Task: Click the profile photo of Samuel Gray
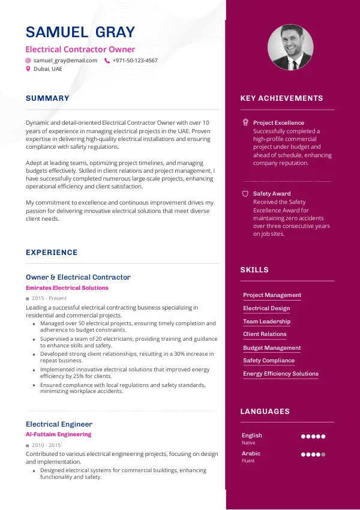[x=290, y=47]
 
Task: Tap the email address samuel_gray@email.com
[x=65, y=61]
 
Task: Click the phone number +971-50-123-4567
[x=135, y=61]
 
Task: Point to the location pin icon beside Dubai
[x=28, y=69]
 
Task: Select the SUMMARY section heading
[x=47, y=98]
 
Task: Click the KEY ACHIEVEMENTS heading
[x=281, y=98]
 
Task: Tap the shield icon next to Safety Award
[x=245, y=194]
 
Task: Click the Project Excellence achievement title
[x=278, y=123]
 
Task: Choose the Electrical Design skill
[x=266, y=308]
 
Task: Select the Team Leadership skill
[x=266, y=322]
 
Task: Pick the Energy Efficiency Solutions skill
[x=281, y=374]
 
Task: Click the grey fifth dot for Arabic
[x=323, y=454]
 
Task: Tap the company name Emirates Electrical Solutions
[x=67, y=288]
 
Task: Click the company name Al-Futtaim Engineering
[x=59, y=434]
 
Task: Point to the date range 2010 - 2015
[x=46, y=445]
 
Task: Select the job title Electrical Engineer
[x=59, y=424]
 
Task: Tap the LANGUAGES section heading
[x=265, y=412]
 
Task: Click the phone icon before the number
[x=107, y=61]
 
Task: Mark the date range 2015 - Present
[x=49, y=298]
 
